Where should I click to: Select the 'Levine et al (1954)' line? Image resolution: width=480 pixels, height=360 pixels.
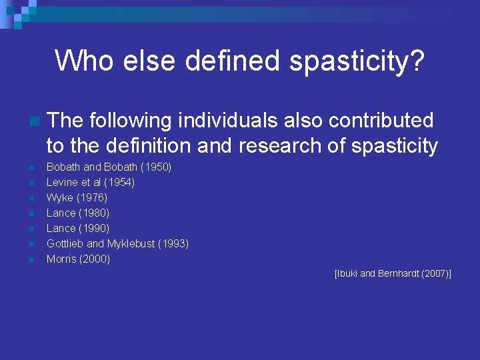click(91, 183)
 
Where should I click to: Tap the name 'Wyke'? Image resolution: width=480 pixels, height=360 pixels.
click(59, 198)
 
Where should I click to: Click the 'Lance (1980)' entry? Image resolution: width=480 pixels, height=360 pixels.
click(78, 213)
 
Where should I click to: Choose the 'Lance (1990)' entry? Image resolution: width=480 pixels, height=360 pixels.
click(78, 229)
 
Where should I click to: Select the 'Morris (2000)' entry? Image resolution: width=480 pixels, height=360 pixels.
click(78, 259)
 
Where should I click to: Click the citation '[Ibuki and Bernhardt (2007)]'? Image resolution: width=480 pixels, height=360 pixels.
click(393, 274)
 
